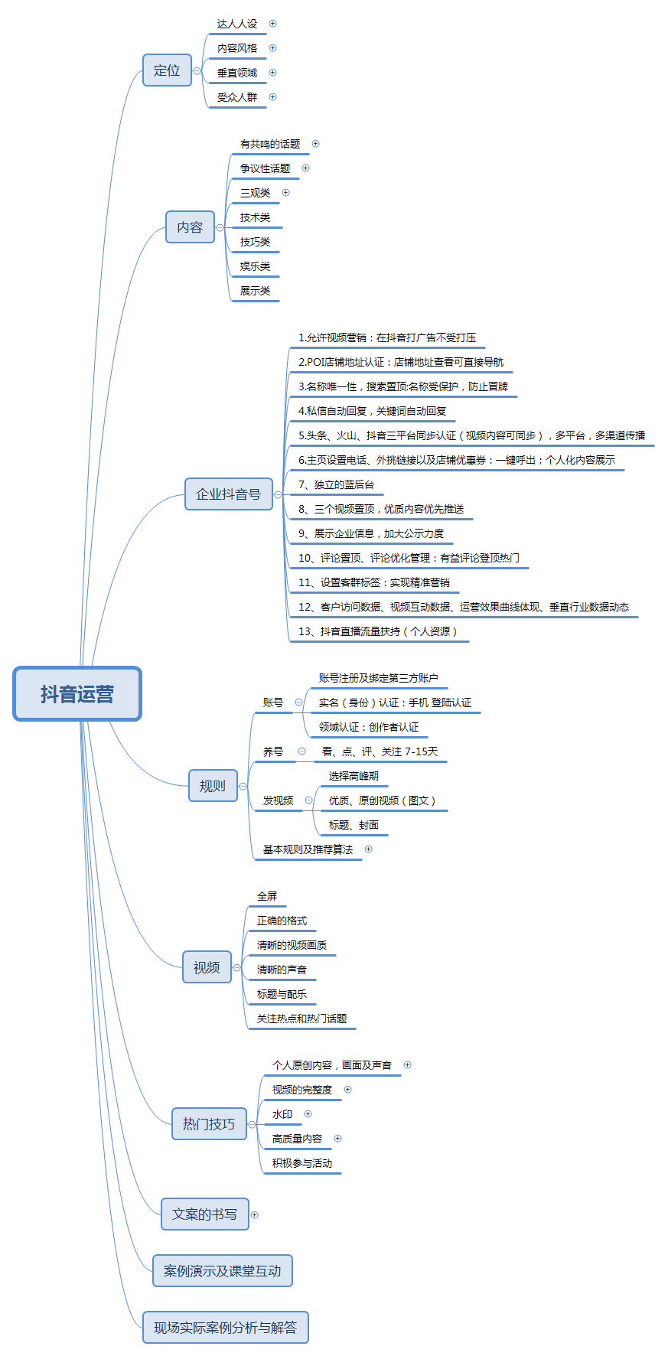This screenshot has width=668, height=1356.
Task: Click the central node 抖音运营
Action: (77, 694)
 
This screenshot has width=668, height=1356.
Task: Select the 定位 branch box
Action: (167, 70)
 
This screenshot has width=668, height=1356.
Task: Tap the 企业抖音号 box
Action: (228, 494)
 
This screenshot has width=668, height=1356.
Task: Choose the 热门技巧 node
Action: (209, 1124)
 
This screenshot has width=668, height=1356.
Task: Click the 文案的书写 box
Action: (204, 1214)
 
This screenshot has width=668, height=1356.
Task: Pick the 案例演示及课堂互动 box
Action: (222, 1271)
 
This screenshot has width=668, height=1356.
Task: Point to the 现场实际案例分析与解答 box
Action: (225, 1328)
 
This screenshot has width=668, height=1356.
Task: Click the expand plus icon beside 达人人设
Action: (272, 24)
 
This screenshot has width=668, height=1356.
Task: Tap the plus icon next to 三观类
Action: (286, 193)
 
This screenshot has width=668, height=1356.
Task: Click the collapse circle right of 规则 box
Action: (243, 786)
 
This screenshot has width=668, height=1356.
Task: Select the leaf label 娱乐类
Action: (255, 266)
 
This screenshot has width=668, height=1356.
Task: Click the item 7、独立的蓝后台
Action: (336, 484)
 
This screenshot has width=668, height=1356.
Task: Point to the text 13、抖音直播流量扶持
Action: (377, 631)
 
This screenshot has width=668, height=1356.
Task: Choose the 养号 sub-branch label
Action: (272, 751)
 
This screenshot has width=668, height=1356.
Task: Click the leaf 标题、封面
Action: (354, 825)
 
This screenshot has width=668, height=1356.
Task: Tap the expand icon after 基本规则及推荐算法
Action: (368, 849)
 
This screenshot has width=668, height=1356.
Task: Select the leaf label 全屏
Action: (267, 896)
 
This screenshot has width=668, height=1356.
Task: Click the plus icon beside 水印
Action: (308, 1114)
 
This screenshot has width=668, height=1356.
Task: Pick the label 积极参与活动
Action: (302, 1163)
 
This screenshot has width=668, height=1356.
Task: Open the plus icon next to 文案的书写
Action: (255, 1214)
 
